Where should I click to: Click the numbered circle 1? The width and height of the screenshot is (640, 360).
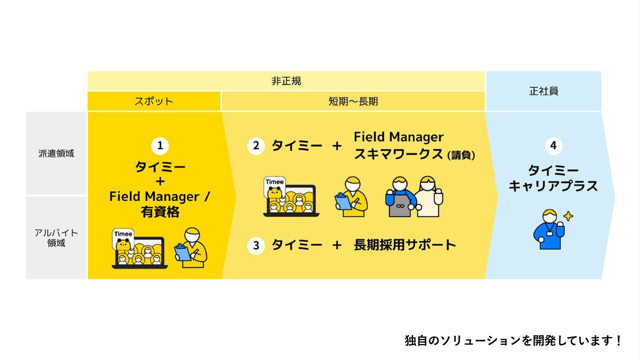pyautogui.click(x=160, y=146)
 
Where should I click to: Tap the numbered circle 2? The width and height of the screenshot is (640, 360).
pyautogui.click(x=256, y=146)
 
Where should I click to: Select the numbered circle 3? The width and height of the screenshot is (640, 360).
pyautogui.click(x=256, y=246)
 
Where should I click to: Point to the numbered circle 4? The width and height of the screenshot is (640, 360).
pyautogui.click(x=553, y=146)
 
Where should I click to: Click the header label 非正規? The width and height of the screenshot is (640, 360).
pyautogui.click(x=286, y=81)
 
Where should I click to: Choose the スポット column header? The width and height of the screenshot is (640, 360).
pyautogui.click(x=154, y=101)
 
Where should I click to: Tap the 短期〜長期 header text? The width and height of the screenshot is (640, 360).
pyautogui.click(x=353, y=101)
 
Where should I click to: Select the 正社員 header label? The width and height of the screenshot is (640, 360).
pyautogui.click(x=544, y=91)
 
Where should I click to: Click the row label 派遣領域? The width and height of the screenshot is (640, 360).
pyautogui.click(x=56, y=153)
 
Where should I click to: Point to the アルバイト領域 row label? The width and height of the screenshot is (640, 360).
pyautogui.click(x=56, y=238)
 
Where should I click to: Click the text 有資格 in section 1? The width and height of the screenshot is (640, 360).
pyautogui.click(x=160, y=212)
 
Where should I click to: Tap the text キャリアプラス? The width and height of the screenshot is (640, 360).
pyautogui.click(x=553, y=186)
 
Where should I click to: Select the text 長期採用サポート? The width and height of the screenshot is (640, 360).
pyautogui.click(x=405, y=245)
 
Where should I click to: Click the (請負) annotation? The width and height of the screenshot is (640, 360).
pyautogui.click(x=461, y=155)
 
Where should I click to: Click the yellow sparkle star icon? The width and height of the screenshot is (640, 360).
pyautogui.click(x=568, y=216)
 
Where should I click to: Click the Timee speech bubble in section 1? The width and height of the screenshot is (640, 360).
pyautogui.click(x=123, y=234)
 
